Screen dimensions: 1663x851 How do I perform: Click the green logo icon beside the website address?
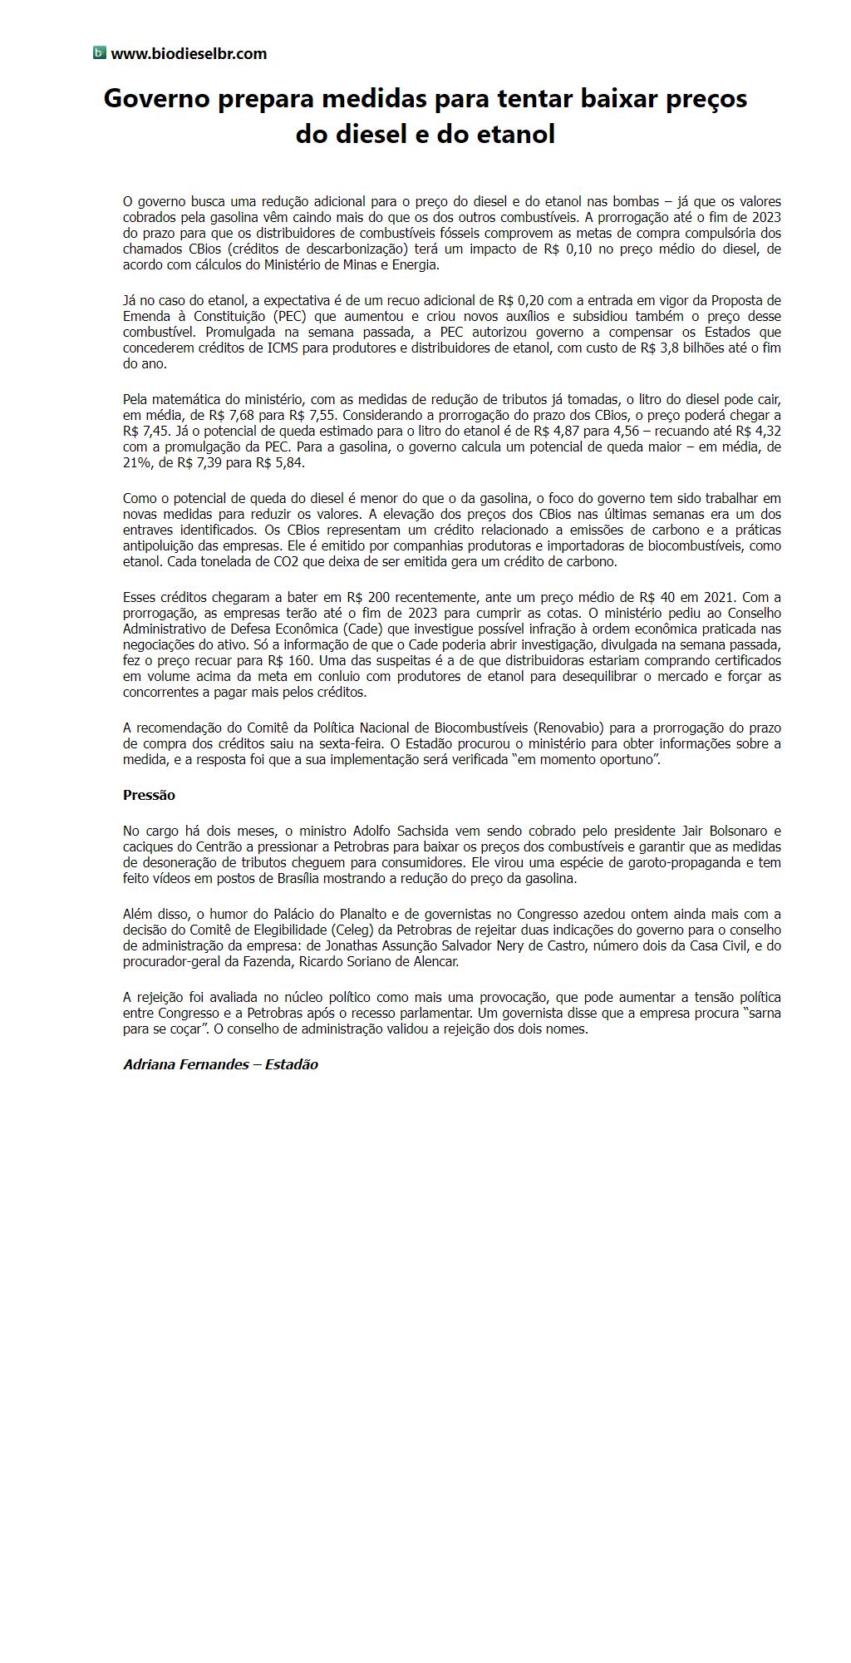click(100, 53)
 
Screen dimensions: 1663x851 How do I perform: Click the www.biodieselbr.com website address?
click(189, 54)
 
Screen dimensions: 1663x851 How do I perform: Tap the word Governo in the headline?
click(156, 99)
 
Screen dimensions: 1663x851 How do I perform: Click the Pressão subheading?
click(149, 795)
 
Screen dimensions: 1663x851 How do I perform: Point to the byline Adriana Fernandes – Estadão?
click(220, 1064)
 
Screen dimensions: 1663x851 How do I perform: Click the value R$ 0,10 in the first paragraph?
click(568, 249)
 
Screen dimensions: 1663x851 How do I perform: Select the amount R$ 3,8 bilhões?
click(681, 348)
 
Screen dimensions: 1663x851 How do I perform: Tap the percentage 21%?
click(135, 463)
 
